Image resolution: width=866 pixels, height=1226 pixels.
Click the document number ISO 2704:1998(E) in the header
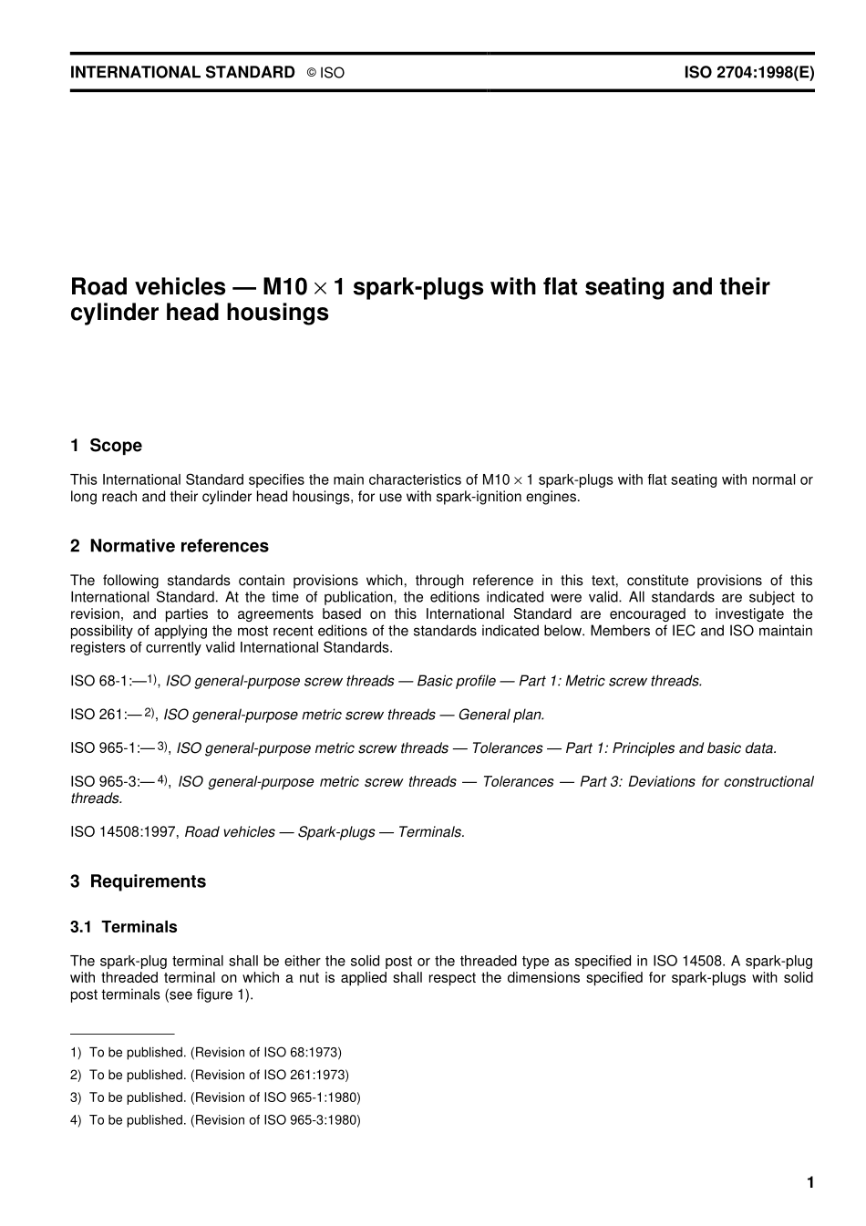click(x=748, y=72)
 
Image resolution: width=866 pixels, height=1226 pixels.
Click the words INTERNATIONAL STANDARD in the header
click(x=182, y=72)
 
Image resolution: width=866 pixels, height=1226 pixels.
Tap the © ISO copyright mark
click(x=325, y=73)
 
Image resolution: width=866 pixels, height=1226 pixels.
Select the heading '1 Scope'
click(x=106, y=446)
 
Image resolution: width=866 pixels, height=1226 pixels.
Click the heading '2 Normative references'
click(x=170, y=546)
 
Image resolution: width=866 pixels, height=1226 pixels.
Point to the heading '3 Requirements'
click(x=138, y=881)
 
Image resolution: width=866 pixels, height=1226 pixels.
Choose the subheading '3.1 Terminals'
click(x=123, y=927)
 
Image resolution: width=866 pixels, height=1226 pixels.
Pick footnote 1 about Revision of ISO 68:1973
click(x=206, y=1052)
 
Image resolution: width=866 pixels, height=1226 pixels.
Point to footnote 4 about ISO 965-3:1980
click(x=215, y=1120)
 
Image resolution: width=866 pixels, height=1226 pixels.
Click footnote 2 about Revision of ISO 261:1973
click(x=210, y=1075)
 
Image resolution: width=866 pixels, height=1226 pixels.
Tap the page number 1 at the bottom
click(x=809, y=1183)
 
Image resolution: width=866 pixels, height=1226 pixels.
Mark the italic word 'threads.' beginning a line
click(x=96, y=798)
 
